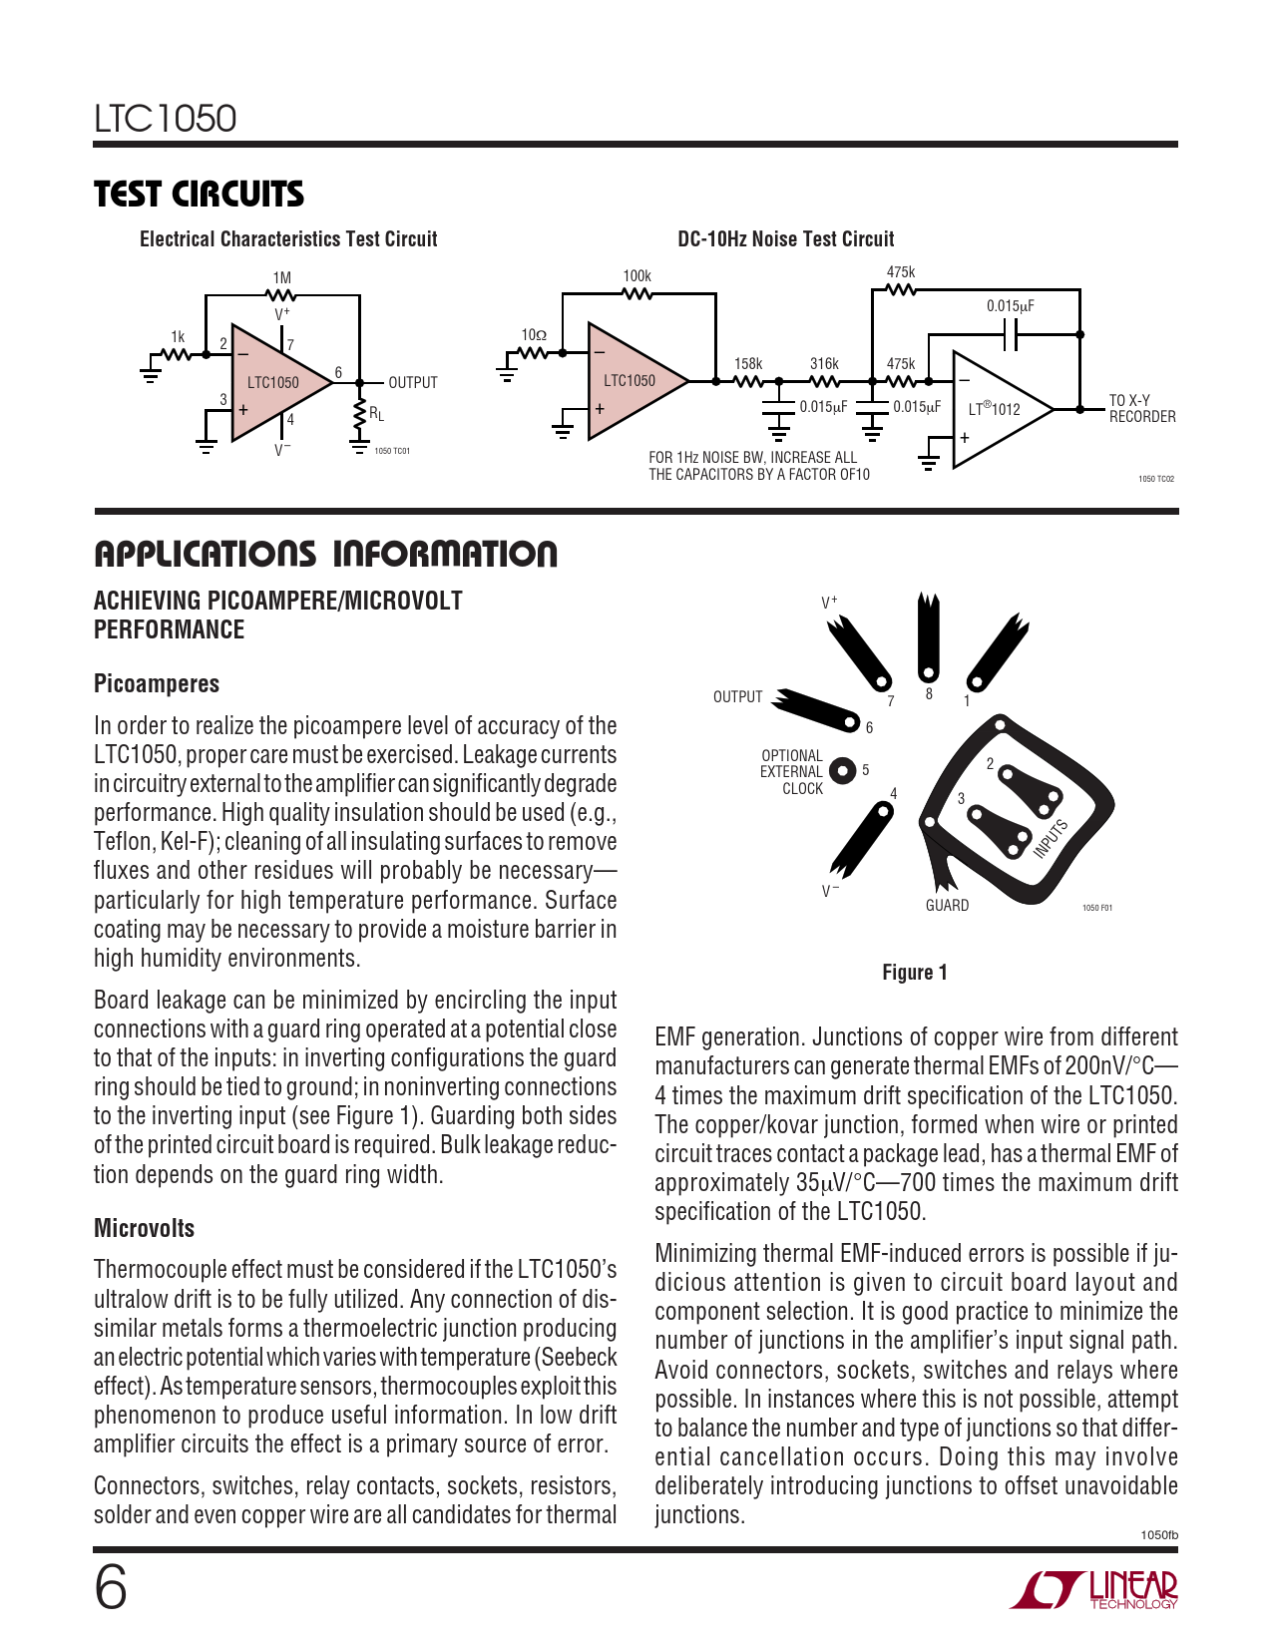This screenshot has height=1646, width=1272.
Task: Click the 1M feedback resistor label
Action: point(282,278)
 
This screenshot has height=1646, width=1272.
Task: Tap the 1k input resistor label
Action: point(178,337)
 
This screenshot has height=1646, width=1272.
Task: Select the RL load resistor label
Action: point(376,414)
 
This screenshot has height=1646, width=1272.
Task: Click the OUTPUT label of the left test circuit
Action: point(412,383)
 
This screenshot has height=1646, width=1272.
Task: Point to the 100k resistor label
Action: point(636,276)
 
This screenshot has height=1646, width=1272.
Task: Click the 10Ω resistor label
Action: point(534,335)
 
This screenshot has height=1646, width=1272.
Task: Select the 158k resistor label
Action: point(748,364)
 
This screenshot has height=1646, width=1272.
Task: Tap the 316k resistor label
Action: point(824,364)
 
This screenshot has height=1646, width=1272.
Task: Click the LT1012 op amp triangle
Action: point(998,409)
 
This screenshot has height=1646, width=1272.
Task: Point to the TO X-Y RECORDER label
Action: point(1142,408)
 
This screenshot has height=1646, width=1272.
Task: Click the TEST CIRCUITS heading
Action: point(199,195)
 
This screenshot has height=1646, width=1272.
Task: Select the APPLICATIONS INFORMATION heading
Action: point(325,555)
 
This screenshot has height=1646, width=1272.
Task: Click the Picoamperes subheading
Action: point(157,684)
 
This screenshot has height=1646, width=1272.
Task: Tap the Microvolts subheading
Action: point(145,1229)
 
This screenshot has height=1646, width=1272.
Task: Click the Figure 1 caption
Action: point(915,973)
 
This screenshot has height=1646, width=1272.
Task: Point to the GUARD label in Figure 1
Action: point(947,906)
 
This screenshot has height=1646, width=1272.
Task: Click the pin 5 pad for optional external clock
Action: point(843,771)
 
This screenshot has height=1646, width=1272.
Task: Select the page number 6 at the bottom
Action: point(111,1588)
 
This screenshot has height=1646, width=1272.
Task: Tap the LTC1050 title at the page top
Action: point(166,119)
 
